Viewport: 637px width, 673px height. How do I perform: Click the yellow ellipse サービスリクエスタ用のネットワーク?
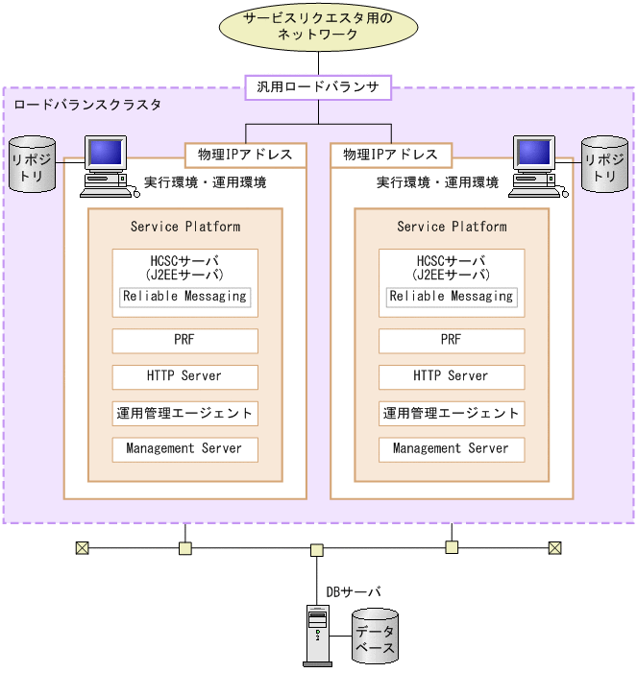click(318, 27)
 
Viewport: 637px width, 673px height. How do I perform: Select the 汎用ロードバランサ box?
click(318, 87)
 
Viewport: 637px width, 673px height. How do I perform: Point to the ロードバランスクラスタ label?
click(87, 104)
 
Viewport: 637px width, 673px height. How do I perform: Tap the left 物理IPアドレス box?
click(245, 154)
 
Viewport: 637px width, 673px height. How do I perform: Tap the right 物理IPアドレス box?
click(391, 154)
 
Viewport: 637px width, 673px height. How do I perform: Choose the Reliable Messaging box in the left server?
click(185, 297)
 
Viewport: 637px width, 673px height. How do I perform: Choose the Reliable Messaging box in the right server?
click(452, 297)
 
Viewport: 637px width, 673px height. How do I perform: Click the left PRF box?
click(185, 341)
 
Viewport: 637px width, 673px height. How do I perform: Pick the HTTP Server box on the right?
click(452, 376)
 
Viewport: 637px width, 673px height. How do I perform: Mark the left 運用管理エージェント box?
click(185, 414)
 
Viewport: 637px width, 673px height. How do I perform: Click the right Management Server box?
click(452, 448)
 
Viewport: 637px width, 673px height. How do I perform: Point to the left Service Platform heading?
click(185, 227)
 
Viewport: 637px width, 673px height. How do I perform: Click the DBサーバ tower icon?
click(315, 635)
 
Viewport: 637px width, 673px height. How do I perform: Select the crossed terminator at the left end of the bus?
click(82, 548)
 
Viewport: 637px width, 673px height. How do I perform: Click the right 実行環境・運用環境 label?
click(437, 182)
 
